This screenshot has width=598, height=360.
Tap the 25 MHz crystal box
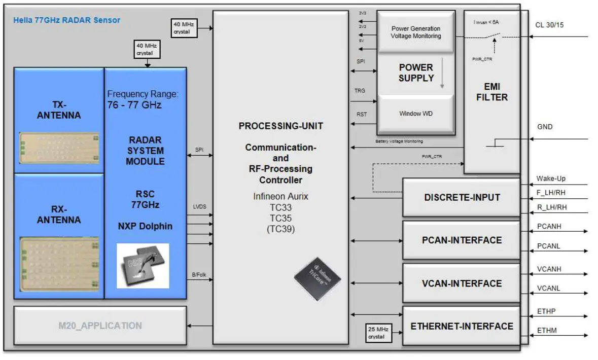pyautogui.click(x=377, y=333)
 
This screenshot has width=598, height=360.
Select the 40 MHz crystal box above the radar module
pyautogui.click(x=147, y=49)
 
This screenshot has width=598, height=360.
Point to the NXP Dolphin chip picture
pyautogui.click(x=143, y=266)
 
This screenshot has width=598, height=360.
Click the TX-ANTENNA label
pyautogui.click(x=59, y=110)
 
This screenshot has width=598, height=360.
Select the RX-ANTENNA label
pyautogui.click(x=59, y=214)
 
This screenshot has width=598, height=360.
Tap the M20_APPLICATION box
pyautogui.click(x=100, y=326)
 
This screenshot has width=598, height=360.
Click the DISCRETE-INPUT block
pyautogui.click(x=462, y=197)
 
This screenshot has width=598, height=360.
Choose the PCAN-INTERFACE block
pyautogui.click(x=462, y=240)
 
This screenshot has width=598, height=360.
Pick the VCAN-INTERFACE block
pyautogui.click(x=462, y=283)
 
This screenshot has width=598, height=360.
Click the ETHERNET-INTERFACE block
pyautogui.click(x=462, y=326)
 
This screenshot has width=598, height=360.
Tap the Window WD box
pyautogui.click(x=416, y=114)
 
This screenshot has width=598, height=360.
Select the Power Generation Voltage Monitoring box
pyautogui.click(x=415, y=32)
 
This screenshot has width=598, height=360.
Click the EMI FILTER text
pyautogui.click(x=491, y=92)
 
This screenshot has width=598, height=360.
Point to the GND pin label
pyautogui.click(x=545, y=127)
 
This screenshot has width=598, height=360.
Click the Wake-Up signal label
pyautogui.click(x=550, y=178)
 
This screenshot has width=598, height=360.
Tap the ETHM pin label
pyautogui.click(x=546, y=331)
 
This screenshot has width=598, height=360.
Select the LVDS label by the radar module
pyautogui.click(x=199, y=206)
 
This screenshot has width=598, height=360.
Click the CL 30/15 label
pyautogui.click(x=549, y=25)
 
